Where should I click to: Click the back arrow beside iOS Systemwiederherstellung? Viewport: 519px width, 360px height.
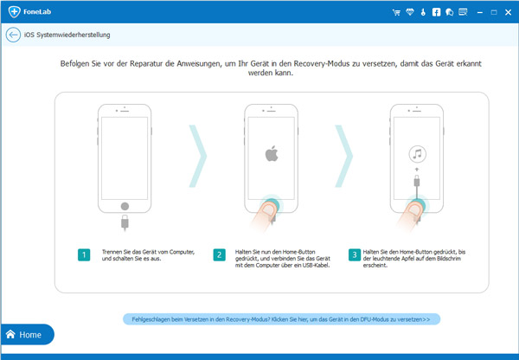(x=13, y=35)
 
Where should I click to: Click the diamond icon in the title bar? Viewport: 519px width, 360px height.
(x=409, y=12)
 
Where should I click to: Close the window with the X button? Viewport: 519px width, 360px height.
(x=507, y=12)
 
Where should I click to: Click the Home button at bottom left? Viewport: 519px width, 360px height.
(x=26, y=334)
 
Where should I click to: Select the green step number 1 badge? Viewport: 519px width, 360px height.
(x=83, y=254)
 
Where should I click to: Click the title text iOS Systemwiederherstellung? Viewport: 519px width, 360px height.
(x=67, y=35)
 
